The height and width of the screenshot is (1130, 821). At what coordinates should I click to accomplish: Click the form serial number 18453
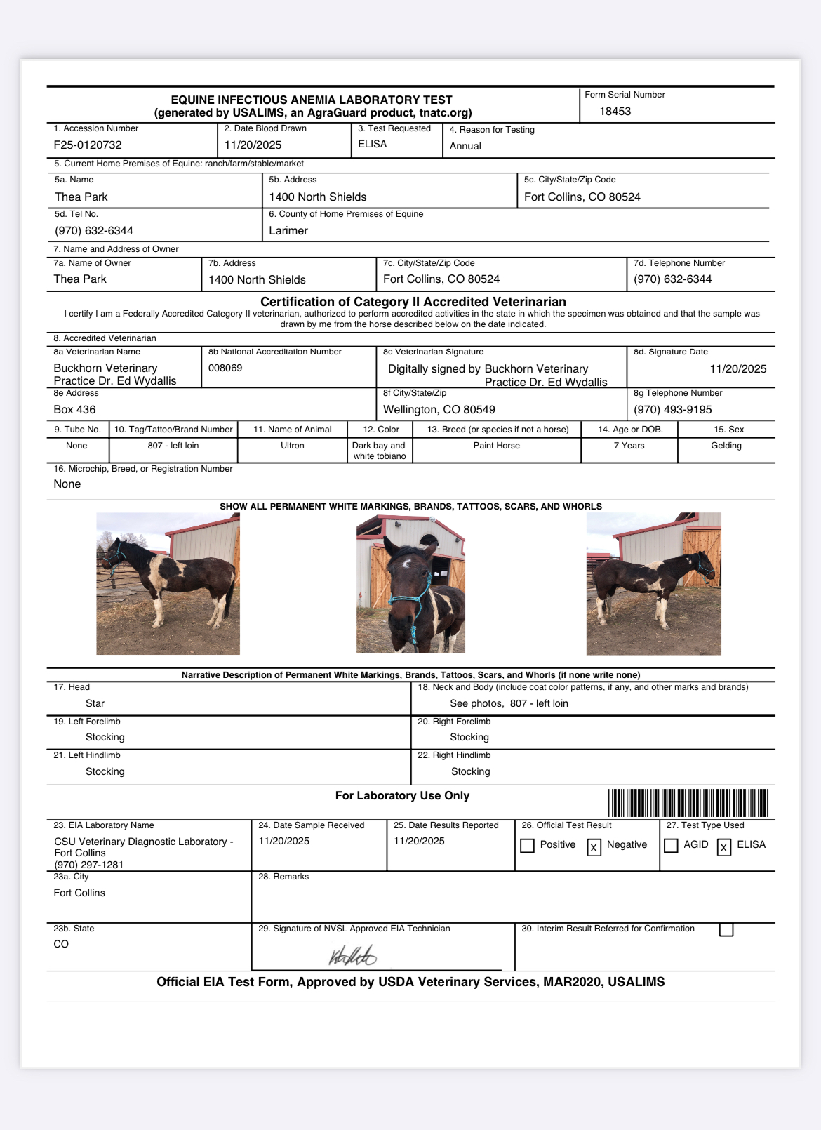[615, 112]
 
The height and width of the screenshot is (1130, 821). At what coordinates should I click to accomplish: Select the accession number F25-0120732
[88, 145]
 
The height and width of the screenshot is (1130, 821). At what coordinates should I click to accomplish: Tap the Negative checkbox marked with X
[594, 847]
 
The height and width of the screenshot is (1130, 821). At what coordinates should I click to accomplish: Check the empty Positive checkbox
[528, 846]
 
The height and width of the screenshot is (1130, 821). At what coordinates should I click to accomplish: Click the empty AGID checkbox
[671, 846]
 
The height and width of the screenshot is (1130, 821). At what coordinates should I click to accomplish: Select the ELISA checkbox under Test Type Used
[724, 847]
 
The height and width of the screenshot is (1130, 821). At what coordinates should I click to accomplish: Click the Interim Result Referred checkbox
[726, 929]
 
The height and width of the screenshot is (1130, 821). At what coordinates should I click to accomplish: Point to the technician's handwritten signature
[353, 955]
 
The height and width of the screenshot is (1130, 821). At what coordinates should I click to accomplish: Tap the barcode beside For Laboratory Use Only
[688, 803]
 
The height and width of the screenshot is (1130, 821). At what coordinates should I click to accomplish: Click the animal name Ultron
[293, 446]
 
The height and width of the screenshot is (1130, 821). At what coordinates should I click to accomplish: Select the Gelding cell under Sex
[726, 446]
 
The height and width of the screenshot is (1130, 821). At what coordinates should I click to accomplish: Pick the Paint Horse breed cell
[497, 446]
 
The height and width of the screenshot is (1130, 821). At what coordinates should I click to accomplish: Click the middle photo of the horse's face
[410, 584]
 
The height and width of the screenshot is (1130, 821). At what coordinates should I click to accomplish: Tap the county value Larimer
[288, 231]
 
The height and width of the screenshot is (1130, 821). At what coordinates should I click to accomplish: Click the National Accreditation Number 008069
[225, 368]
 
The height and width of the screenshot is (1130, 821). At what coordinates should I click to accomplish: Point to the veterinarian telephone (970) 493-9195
[672, 410]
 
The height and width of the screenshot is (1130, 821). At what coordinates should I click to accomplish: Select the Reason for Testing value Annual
[465, 146]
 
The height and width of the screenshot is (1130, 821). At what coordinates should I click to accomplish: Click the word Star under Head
[95, 703]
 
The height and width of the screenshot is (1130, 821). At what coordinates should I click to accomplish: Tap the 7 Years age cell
[629, 446]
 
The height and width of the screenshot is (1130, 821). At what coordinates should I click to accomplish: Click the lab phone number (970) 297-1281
[89, 865]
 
